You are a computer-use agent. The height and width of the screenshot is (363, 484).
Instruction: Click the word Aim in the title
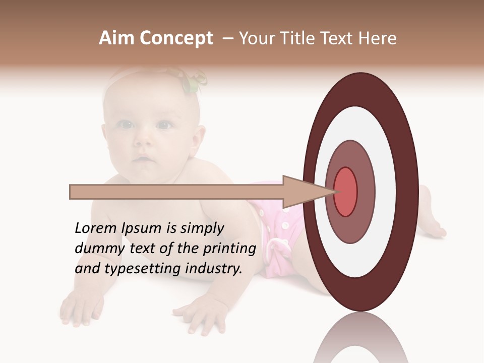click(117, 38)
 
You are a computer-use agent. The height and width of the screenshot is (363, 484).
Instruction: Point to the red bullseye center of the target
click(346, 192)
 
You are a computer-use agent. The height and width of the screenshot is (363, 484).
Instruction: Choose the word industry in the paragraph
click(213, 269)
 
